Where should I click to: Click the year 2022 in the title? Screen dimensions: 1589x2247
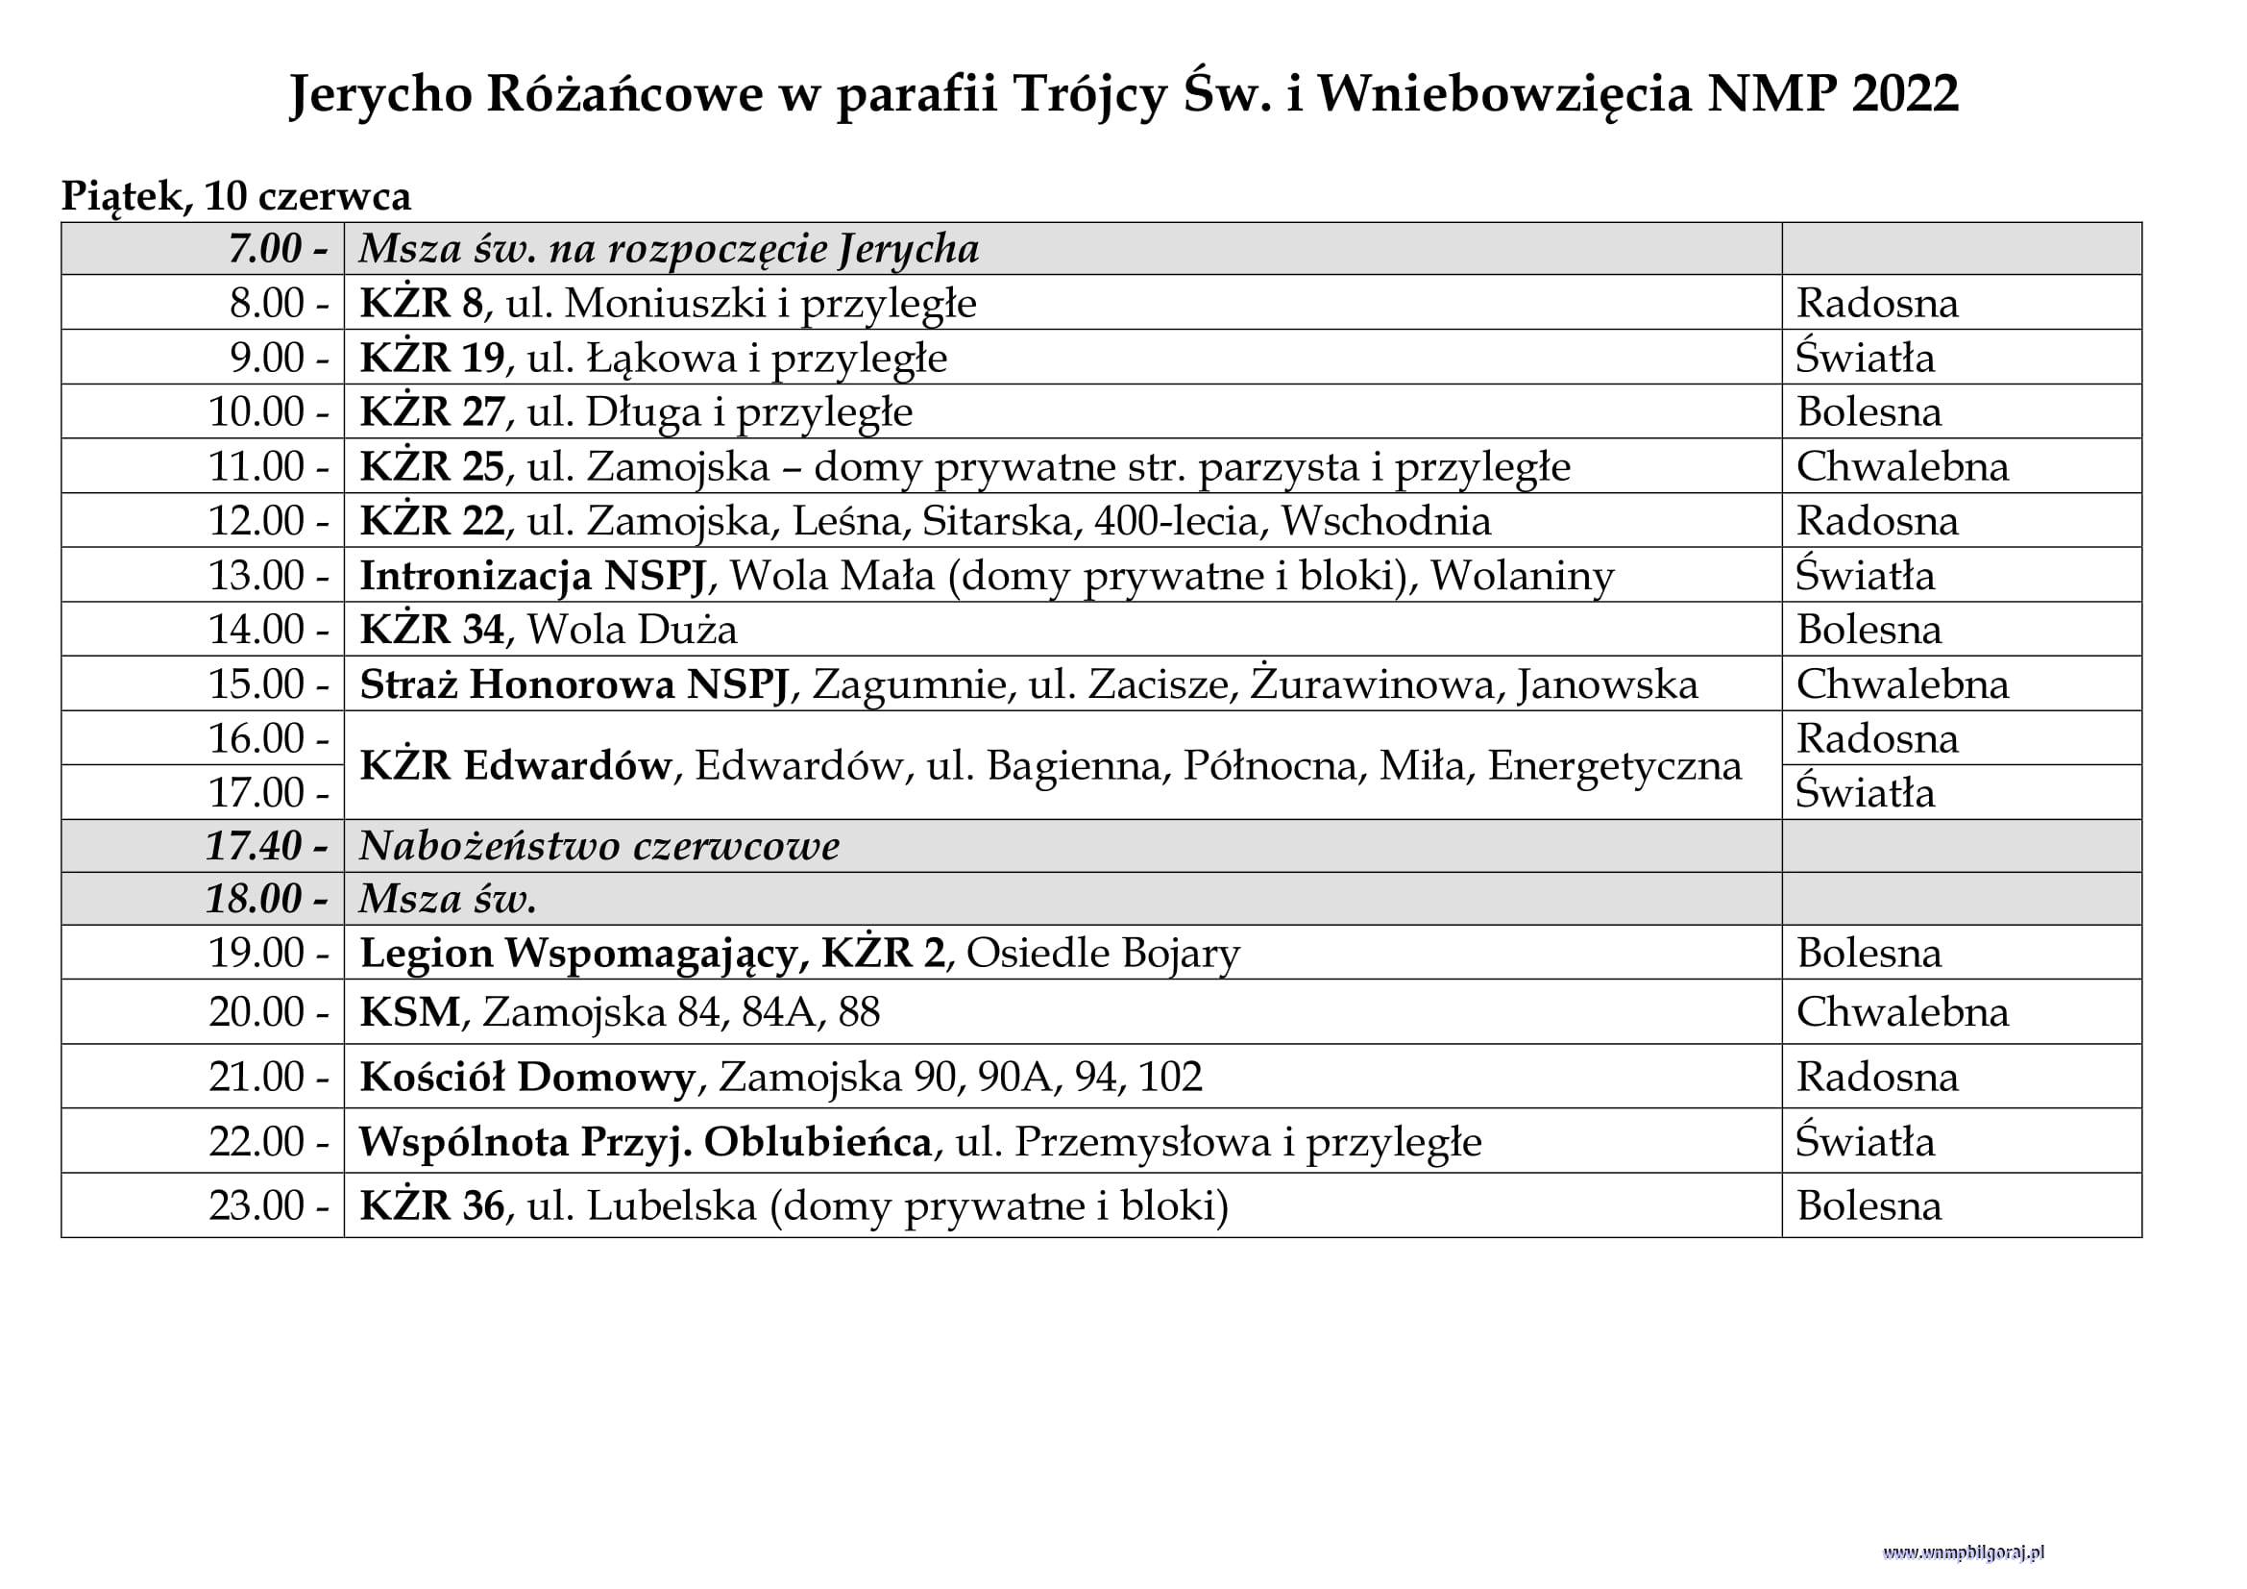click(1904, 95)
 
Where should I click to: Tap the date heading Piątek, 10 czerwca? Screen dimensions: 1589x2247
click(236, 197)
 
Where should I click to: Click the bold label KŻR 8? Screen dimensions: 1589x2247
click(421, 304)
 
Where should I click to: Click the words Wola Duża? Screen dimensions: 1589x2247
click(632, 630)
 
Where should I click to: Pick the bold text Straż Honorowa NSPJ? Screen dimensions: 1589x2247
click(574, 684)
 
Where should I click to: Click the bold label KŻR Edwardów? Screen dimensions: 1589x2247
click(516, 765)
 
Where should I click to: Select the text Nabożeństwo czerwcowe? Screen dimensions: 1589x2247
click(598, 846)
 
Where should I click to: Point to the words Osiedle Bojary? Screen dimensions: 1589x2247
click(1103, 954)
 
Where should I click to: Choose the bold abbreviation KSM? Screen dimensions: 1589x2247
click(410, 1012)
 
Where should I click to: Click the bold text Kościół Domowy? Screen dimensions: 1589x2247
click(526, 1077)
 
